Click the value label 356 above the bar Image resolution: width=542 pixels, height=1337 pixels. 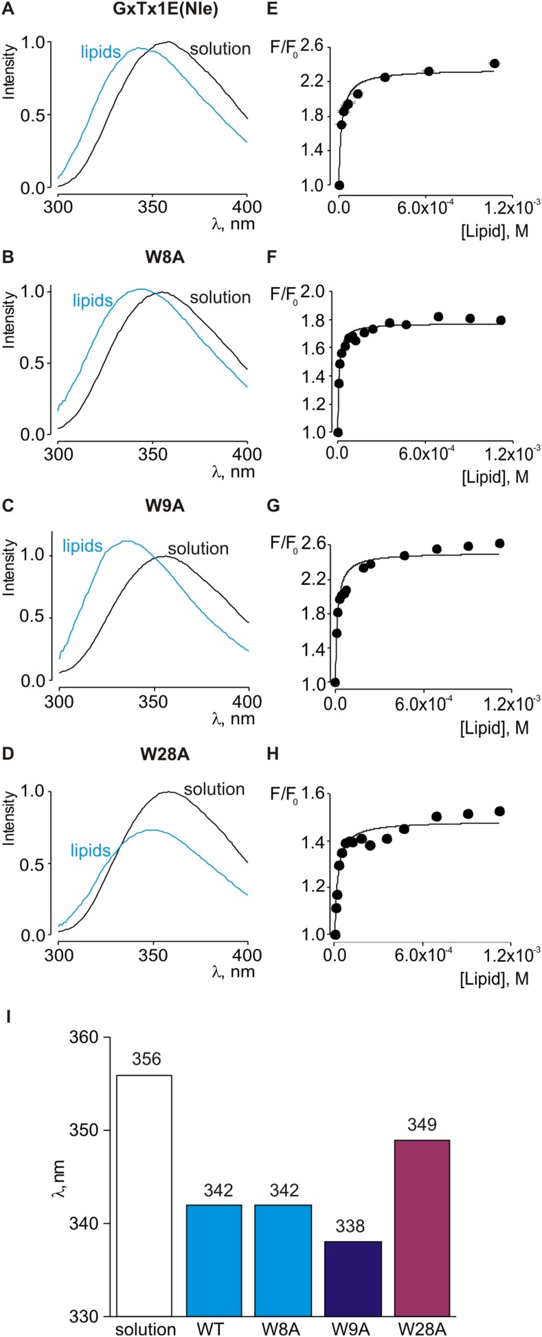pyautogui.click(x=146, y=1059)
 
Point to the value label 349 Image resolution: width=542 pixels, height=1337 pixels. pyautogui.click(x=423, y=1124)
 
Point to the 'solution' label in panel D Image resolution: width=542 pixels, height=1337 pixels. pyautogui.click(x=214, y=789)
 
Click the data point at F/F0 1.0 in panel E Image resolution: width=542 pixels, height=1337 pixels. pyautogui.click(x=339, y=185)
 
